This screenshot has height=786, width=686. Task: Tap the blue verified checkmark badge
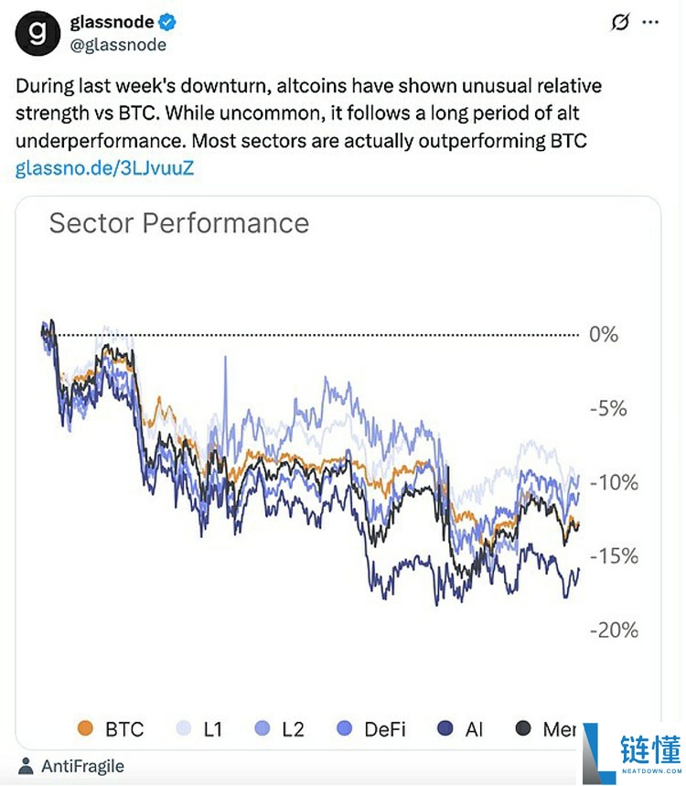pos(171,22)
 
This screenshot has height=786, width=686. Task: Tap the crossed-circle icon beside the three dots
pos(620,22)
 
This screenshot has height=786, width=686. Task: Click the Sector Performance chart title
pos(178,223)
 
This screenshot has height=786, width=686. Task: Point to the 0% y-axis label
pos(604,334)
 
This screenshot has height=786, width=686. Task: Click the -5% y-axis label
pos(606,408)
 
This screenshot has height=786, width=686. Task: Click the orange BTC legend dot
pos(86,728)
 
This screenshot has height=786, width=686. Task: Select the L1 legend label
pos(214,729)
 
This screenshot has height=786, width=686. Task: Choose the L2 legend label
pos(293,729)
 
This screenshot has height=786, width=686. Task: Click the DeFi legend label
pos(385,729)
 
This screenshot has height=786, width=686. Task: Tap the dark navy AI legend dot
pos(445,728)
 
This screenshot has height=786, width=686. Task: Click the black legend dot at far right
pos(523,728)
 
